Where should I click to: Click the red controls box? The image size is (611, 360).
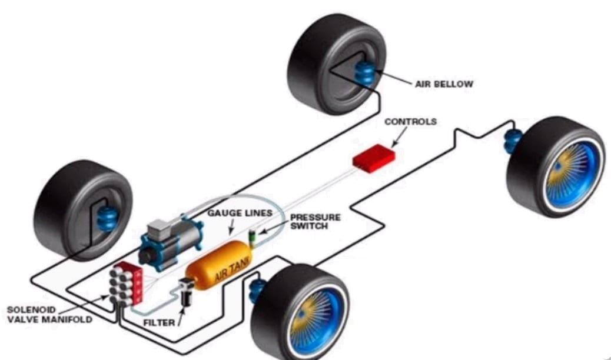pos(374,158)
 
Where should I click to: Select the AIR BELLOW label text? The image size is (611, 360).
pos(444,84)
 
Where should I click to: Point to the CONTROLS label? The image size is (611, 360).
pos(410,122)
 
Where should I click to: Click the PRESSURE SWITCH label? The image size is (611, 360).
pos(315,222)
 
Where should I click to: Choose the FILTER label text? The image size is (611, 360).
pos(158,323)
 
